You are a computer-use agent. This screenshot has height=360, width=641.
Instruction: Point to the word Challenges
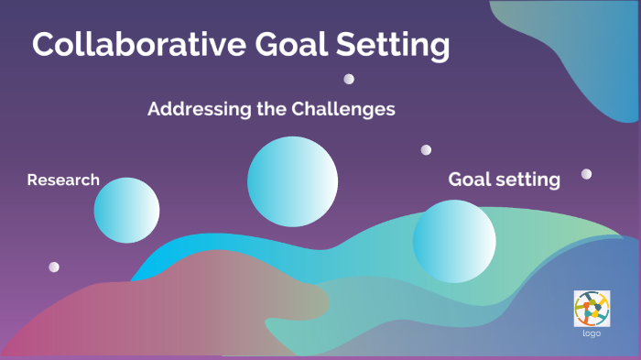pos(343,109)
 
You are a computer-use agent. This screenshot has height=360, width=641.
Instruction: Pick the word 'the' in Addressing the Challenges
pos(266,109)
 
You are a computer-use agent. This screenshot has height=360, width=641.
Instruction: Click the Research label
pos(63,180)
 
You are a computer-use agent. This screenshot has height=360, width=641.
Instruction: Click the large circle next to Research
pos(126,211)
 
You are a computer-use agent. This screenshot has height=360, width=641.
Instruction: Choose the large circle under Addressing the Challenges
pos(292,181)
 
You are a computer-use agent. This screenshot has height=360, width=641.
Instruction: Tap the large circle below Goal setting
pos(454,242)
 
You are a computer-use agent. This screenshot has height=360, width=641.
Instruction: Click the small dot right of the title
pos(349,79)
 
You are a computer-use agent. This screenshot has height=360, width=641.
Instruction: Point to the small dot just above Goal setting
pos(426,149)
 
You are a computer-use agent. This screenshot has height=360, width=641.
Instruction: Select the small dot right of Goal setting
pos(586,173)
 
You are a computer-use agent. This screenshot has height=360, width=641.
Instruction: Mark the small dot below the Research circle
pos(54,267)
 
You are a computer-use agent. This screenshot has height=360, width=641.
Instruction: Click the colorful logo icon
pos(592,308)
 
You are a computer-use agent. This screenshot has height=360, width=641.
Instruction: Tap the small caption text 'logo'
pos(592,333)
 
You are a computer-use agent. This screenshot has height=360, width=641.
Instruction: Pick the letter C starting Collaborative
pos(44,46)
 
